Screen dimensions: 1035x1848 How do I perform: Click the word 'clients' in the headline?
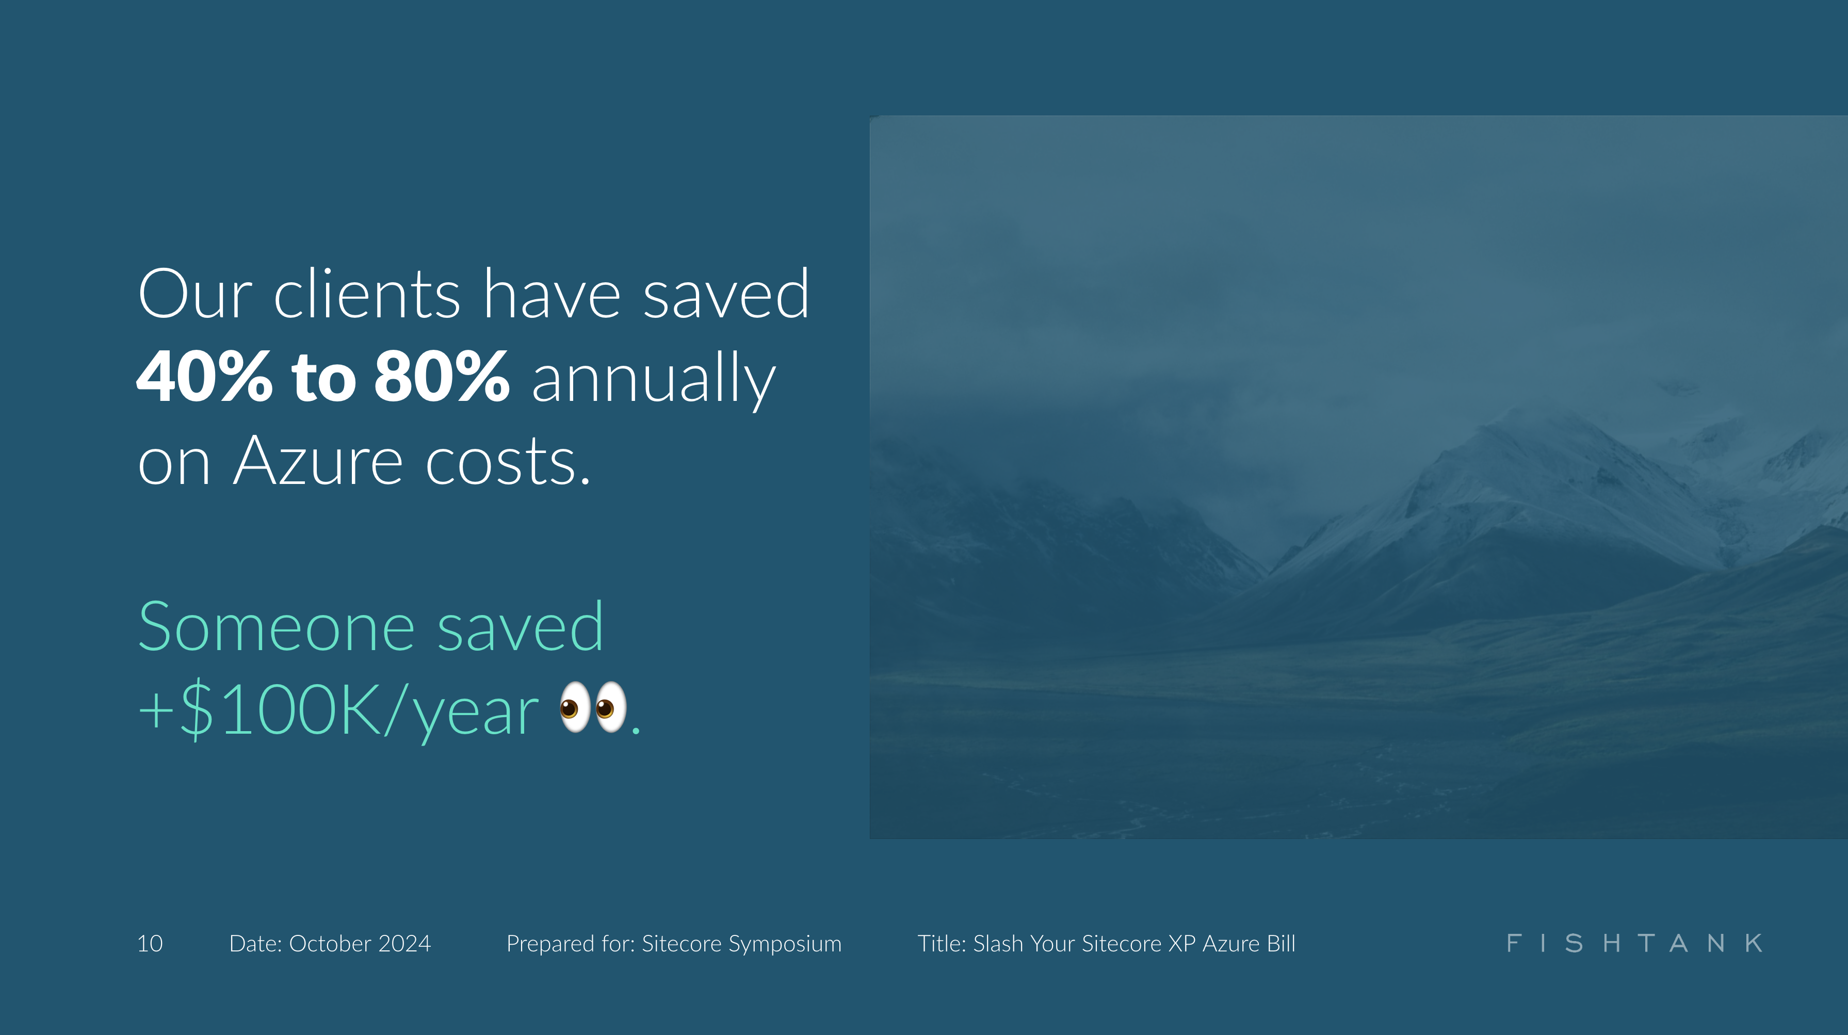[x=367, y=294]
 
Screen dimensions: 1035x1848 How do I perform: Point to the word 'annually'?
[x=653, y=380]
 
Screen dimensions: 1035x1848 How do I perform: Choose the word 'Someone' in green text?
[x=276, y=627]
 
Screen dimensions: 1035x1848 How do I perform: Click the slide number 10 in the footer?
[x=150, y=943]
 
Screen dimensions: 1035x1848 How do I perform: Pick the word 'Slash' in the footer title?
[x=998, y=943]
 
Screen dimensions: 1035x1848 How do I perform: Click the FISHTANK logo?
[x=1634, y=943]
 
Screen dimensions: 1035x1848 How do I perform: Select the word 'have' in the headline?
[x=552, y=294]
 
